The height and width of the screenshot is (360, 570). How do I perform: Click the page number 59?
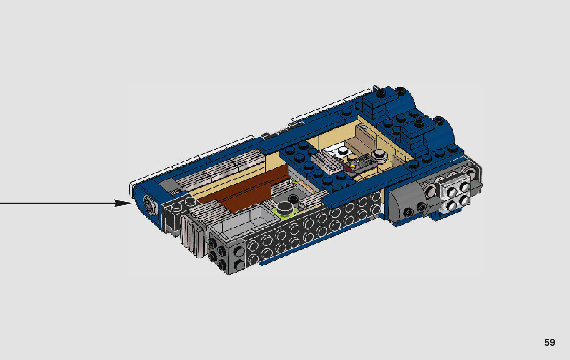point(549,343)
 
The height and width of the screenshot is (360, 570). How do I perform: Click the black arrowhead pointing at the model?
point(124,203)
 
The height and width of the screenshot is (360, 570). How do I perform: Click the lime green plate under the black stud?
point(285,212)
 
